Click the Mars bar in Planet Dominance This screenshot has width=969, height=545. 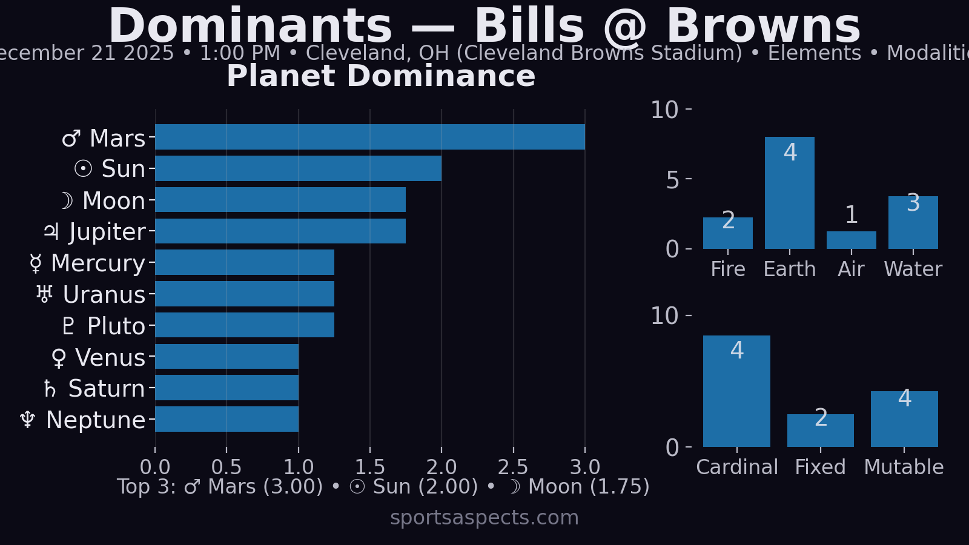click(369, 137)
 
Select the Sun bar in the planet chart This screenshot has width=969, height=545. click(298, 168)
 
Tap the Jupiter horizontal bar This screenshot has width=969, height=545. click(280, 231)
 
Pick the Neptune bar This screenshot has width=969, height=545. click(227, 419)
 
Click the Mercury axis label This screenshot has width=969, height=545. click(88, 263)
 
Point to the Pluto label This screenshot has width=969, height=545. click(104, 326)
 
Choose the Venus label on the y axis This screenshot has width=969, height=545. click(99, 358)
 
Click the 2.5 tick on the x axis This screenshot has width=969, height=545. click(513, 467)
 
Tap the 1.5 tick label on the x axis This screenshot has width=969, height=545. click(370, 467)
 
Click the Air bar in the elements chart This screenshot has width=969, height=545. click(851, 240)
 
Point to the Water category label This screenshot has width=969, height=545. click(913, 269)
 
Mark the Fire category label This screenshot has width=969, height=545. click(727, 269)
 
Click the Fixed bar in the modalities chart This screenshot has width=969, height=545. click(820, 431)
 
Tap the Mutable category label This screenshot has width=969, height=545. click(904, 467)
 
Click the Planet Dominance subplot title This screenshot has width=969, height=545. click(381, 76)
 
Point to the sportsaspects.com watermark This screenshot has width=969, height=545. click(484, 518)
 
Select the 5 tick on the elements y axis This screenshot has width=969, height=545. click(673, 180)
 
